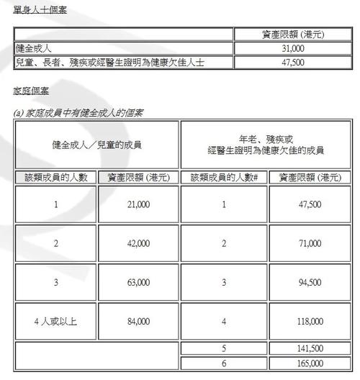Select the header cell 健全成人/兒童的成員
click(x=96, y=145)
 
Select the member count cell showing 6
click(x=224, y=363)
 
